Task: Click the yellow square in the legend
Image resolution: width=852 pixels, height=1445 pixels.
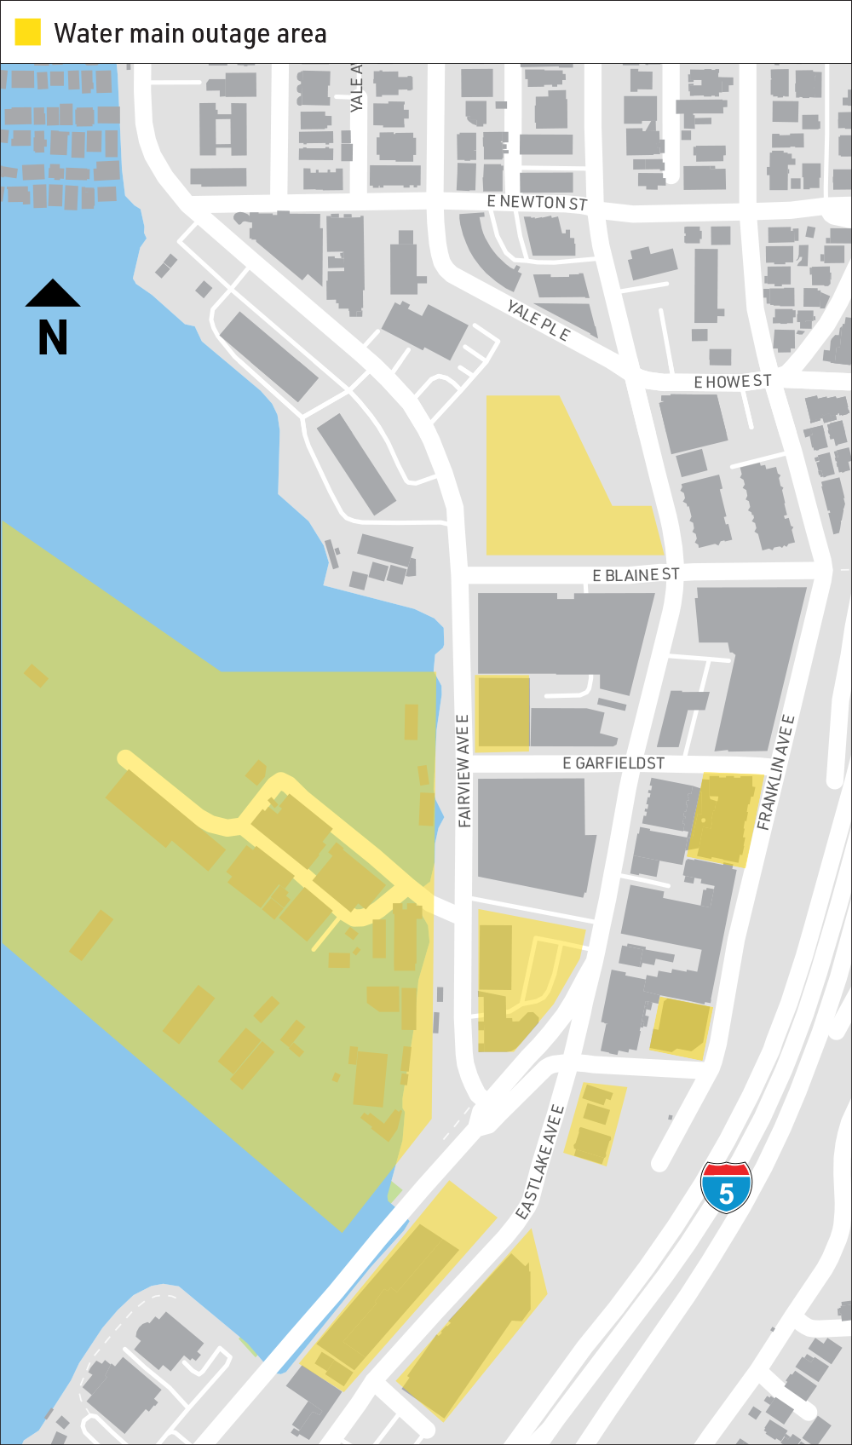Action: click(x=28, y=32)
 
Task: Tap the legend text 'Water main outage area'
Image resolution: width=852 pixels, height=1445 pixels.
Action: click(x=190, y=34)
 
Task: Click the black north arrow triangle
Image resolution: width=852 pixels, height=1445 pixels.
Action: click(x=53, y=293)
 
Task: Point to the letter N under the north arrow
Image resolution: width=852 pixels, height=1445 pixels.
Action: click(x=53, y=338)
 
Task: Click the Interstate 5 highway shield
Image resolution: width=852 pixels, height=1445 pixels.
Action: click(x=726, y=1186)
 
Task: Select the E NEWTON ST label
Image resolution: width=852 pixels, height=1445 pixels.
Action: click(x=537, y=202)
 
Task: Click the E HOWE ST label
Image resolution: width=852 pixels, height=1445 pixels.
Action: click(x=732, y=382)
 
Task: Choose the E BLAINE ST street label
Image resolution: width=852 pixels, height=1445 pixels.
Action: click(x=636, y=575)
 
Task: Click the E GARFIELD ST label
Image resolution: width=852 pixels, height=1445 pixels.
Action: click(x=613, y=763)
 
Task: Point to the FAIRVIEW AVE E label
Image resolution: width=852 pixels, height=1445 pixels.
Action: click(x=463, y=771)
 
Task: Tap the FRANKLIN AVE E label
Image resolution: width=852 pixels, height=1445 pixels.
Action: click(x=776, y=773)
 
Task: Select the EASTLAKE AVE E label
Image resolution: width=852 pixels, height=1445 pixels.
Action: click(x=540, y=1161)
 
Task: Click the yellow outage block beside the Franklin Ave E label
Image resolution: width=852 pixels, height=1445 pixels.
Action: click(x=722, y=819)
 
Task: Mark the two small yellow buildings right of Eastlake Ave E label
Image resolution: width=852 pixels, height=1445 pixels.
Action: click(x=596, y=1123)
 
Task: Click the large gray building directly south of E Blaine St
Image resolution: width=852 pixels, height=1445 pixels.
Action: click(x=562, y=635)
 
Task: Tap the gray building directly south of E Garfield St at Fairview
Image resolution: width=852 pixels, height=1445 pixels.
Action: click(x=532, y=835)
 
